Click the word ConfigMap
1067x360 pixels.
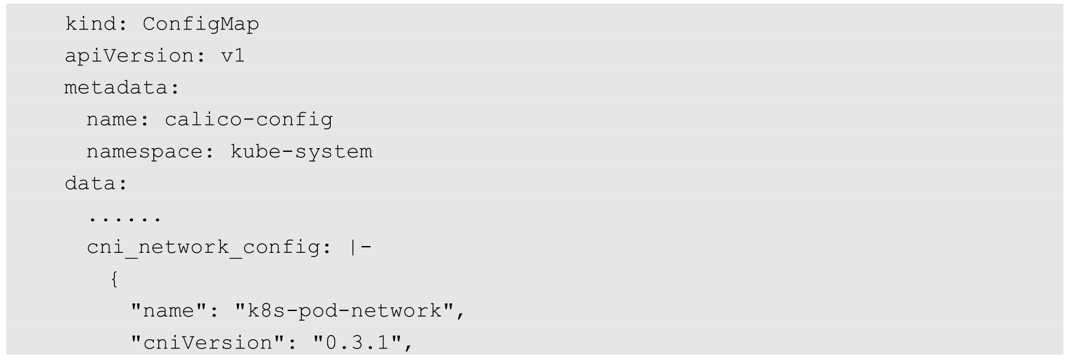click(200, 24)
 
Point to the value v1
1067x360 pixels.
click(232, 56)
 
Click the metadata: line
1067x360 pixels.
click(122, 88)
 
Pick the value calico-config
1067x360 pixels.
click(248, 119)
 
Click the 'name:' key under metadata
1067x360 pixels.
click(118, 119)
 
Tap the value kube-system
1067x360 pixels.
click(301, 152)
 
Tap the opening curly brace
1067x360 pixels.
click(114, 280)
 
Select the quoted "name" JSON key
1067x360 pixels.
click(168, 311)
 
